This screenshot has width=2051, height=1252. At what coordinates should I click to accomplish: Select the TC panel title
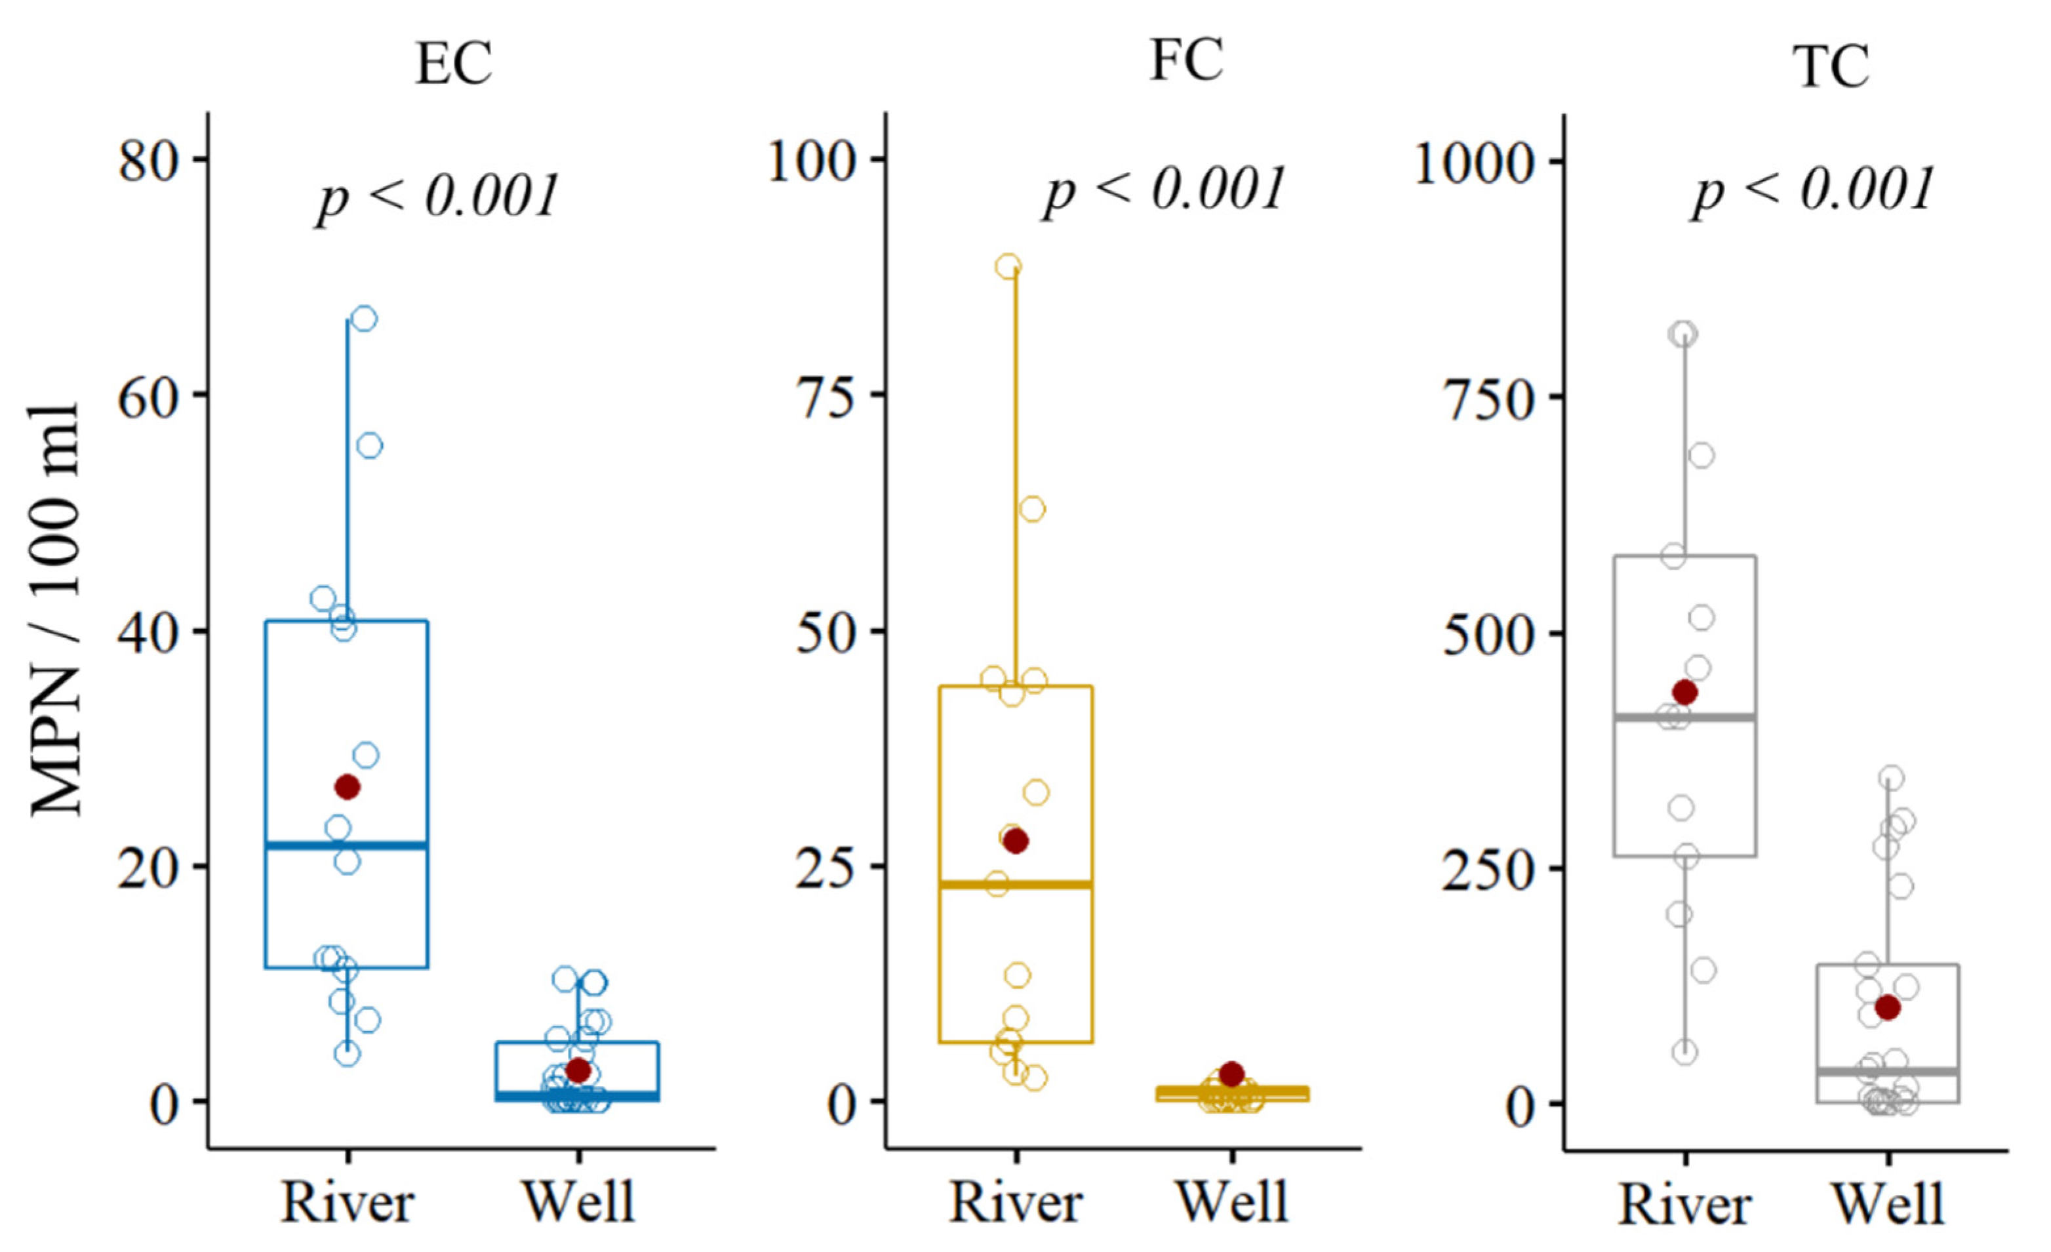pos(1831,67)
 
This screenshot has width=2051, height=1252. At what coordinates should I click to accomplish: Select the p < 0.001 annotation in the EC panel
pos(437,197)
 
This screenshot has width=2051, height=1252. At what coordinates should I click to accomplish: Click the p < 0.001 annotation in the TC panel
pos(1812,192)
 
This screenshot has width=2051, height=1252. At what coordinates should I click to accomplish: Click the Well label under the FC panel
pos(1233,1203)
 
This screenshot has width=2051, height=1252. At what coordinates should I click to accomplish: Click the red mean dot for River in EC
pos(347,786)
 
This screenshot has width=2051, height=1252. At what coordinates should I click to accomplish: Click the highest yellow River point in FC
pos(1009,267)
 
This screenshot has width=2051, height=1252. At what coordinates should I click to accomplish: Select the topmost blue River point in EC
pos(365,319)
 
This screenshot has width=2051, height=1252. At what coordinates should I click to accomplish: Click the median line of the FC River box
pos(1016,885)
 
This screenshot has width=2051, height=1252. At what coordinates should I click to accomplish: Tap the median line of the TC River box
pos(1686,717)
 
